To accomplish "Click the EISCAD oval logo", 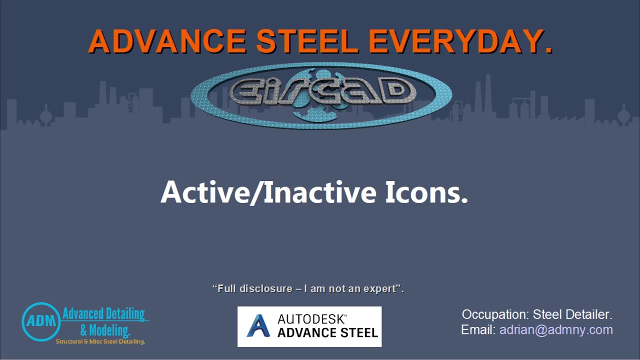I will click(x=321, y=95).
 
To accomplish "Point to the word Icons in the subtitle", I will click(x=426, y=192).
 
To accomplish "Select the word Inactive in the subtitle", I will click(x=320, y=192).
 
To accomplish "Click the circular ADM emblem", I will click(x=41, y=321).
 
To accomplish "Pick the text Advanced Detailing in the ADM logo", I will click(x=103, y=314).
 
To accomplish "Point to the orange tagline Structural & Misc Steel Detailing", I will click(x=100, y=342).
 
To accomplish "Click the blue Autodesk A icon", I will click(x=258, y=326).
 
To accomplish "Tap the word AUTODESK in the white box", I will click(x=312, y=319).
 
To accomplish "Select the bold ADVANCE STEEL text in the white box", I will click(x=327, y=333).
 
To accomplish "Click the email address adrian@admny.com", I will click(x=556, y=330).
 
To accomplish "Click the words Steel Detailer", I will click(x=572, y=314).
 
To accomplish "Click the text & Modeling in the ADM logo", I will click(x=105, y=330).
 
